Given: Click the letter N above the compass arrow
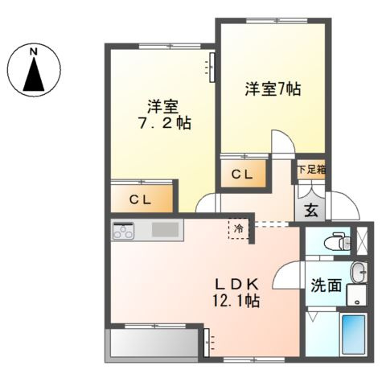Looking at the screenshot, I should pos(35,52).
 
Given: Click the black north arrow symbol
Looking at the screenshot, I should pos(35,75).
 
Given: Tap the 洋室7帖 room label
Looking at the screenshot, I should pos(273,90).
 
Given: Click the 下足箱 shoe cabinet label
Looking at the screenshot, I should pos(311,170).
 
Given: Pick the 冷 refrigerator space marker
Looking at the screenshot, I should pos(239,229).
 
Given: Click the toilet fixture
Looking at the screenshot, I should pos(337,240).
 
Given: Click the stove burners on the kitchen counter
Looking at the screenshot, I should pos(125,231).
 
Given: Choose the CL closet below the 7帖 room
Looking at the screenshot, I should pos(243,173).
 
